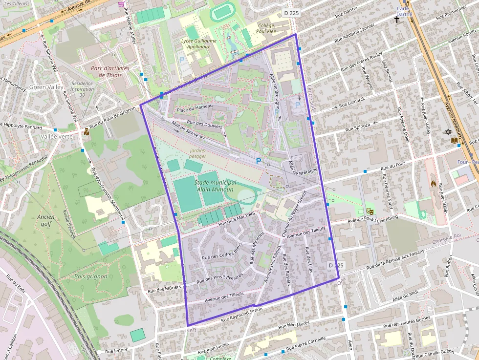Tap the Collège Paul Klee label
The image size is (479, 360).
(266, 28)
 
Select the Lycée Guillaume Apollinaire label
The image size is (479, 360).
(199, 44)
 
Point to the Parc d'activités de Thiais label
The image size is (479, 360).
(110, 71)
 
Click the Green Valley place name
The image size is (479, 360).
(46, 87)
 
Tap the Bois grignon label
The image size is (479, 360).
(87, 276)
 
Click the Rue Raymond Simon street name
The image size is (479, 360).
(242, 315)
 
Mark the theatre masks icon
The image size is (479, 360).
(370, 212)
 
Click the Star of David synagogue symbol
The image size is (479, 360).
(448, 132)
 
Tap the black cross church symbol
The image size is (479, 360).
(397, 20)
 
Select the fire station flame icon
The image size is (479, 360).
(433, 184)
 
